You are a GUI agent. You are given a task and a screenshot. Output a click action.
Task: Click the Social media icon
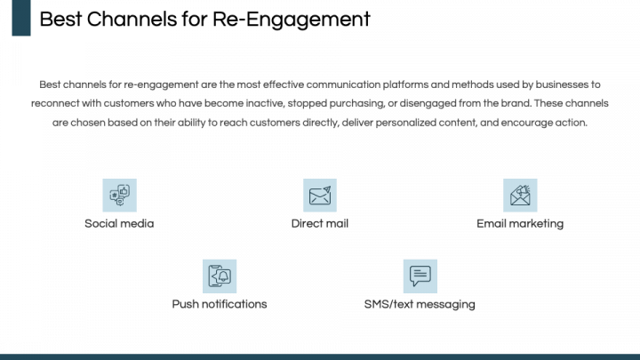click(x=119, y=195)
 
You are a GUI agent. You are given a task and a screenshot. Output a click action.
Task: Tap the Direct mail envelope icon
click(x=320, y=195)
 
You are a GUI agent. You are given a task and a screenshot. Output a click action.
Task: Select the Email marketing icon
click(x=520, y=195)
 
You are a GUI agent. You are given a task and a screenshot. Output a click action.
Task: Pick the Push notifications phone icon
click(x=220, y=276)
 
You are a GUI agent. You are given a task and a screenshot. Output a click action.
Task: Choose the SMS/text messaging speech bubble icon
click(x=420, y=276)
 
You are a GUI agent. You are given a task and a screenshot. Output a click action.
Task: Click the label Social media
click(x=119, y=223)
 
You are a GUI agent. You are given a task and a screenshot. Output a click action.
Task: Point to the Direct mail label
click(x=320, y=223)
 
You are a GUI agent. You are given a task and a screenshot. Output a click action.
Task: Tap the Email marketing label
click(x=520, y=223)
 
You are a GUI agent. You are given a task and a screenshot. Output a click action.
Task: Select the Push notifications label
click(x=220, y=304)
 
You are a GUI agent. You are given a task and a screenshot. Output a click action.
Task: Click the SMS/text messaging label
click(x=420, y=304)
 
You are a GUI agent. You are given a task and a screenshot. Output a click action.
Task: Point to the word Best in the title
click(x=58, y=20)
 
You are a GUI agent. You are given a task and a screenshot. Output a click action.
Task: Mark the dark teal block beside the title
click(x=21, y=18)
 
